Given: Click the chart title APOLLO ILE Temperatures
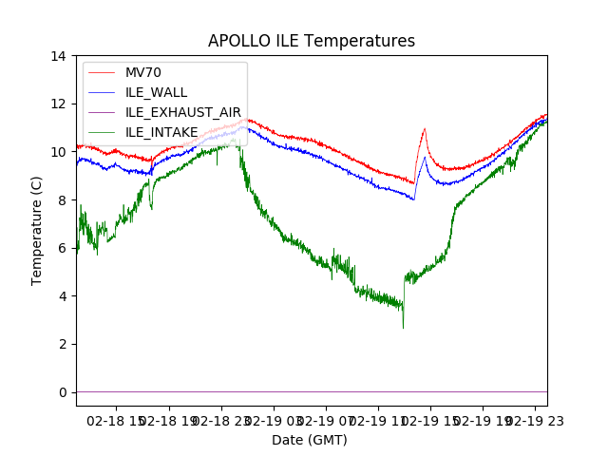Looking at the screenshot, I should tap(312, 42).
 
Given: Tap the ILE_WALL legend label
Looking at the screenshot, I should tap(156, 92).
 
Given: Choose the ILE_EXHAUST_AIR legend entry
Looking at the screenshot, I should tap(183, 112).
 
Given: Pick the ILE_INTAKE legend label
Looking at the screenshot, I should tap(161, 131).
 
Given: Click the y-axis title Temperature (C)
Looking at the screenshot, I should tap(37, 230).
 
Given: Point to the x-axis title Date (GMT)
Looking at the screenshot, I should tap(310, 440).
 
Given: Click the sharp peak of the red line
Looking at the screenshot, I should tap(425, 128).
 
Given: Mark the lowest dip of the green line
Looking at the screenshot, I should tap(403, 328).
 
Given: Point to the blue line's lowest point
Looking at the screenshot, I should tap(413, 199).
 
